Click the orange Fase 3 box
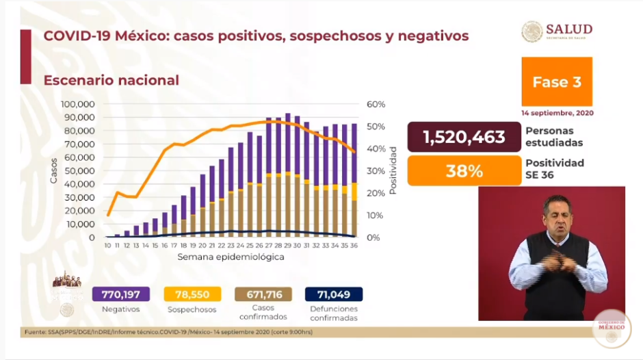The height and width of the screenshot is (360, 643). tap(556, 82)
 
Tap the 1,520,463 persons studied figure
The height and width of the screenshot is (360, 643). tap(464, 137)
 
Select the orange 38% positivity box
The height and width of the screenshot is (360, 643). tap(464, 170)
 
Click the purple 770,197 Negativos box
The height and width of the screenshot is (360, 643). tap(120, 294)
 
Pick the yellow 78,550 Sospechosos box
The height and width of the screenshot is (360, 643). tap(193, 294)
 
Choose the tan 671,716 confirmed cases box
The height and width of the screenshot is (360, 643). tap(263, 294)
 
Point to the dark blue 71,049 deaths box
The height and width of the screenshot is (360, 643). tap(334, 294)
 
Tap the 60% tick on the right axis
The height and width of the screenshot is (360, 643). tap(376, 104)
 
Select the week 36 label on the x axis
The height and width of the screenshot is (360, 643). tap(354, 245)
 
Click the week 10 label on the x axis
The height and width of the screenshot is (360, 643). tap(108, 245)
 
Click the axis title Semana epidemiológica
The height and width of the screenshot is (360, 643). tap(231, 257)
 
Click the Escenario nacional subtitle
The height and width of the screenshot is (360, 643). tap(111, 80)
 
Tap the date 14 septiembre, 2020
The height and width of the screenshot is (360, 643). tap(556, 112)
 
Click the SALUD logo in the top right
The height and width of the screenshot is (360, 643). tap(557, 31)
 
